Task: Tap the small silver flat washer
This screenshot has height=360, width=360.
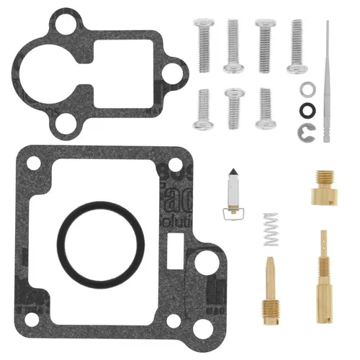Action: coord(307,89)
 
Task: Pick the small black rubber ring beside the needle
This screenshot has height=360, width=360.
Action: coord(307,110)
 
